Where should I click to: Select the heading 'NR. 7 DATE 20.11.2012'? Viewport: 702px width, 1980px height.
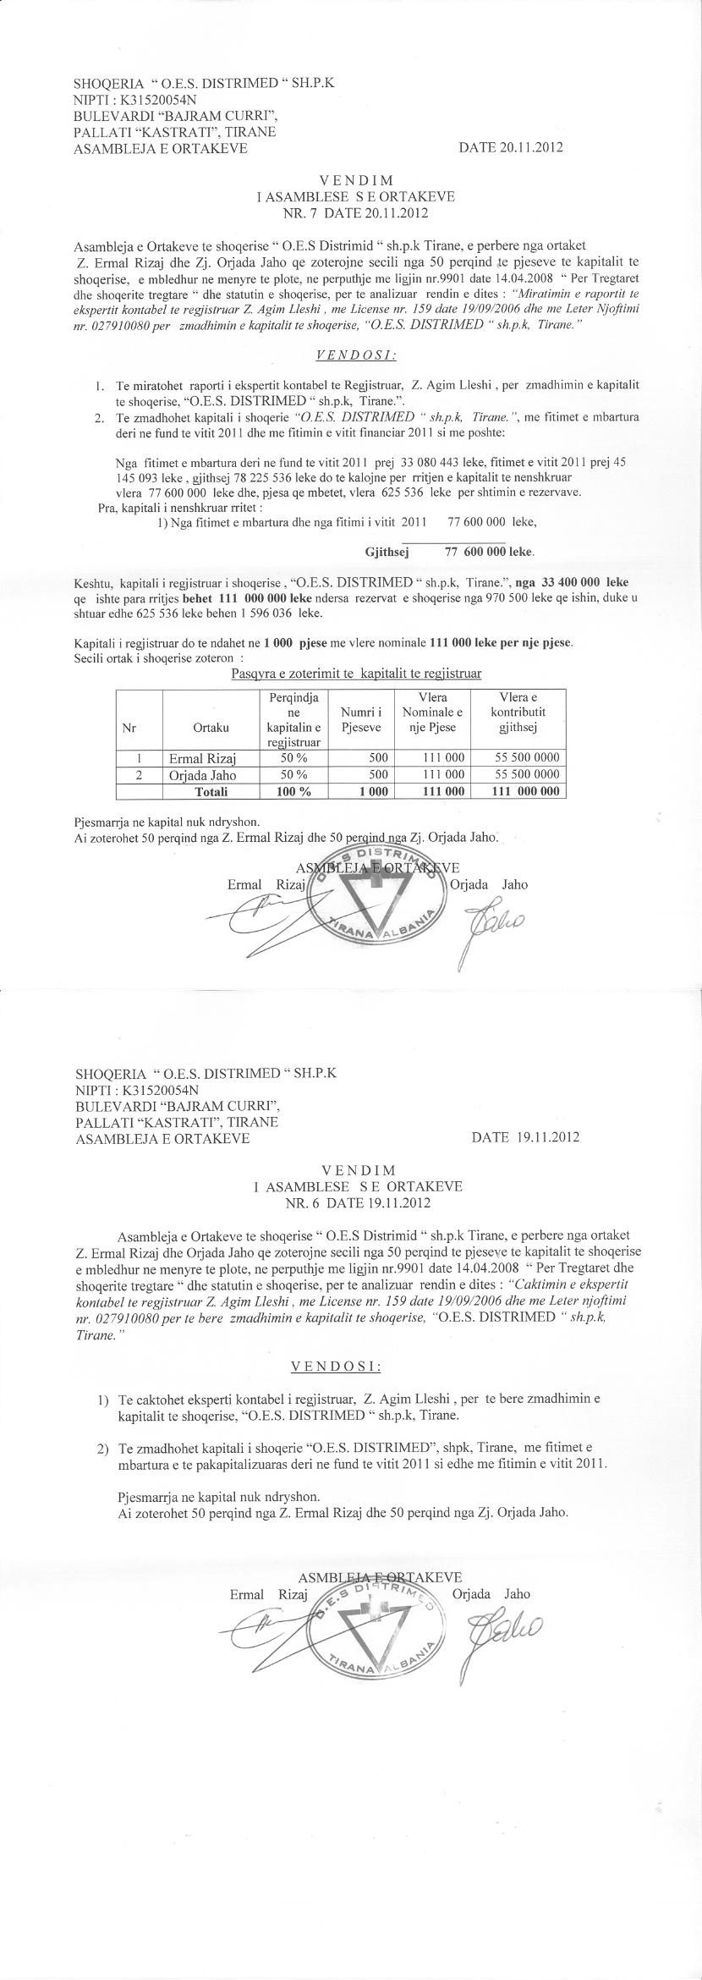coord(356,211)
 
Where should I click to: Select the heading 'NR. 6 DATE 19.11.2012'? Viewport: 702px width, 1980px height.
coord(359,1202)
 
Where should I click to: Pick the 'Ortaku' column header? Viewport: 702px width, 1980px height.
coord(211,727)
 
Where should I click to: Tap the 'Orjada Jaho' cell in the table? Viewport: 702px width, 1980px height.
coord(202,774)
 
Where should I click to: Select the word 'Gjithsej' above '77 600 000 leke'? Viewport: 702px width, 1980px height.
coord(387,552)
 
